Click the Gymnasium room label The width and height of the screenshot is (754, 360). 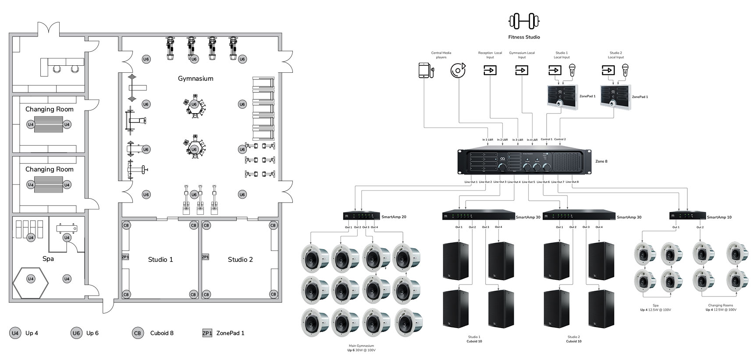196,79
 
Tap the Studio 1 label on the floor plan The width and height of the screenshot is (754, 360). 160,260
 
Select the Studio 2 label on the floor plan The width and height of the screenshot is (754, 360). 240,260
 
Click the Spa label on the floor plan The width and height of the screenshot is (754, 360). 48,259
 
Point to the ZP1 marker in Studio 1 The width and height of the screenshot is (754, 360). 125,257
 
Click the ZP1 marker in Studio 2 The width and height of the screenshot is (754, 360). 205,257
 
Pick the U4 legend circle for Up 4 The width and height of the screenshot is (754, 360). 15,333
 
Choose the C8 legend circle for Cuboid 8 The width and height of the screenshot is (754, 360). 138,333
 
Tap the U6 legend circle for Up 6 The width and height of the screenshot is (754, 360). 76,333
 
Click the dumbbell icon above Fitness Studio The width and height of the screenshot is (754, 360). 524,21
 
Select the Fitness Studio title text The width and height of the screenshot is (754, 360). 524,37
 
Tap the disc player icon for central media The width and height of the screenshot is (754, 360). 458,70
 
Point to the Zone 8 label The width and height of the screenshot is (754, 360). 601,161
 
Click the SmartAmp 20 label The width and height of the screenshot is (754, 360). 394,217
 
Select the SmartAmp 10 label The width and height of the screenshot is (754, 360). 719,217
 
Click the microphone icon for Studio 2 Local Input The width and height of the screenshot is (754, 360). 626,70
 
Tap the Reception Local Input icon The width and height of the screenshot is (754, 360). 490,70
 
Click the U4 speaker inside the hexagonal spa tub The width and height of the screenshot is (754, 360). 31,279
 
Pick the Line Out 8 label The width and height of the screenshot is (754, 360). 572,182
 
